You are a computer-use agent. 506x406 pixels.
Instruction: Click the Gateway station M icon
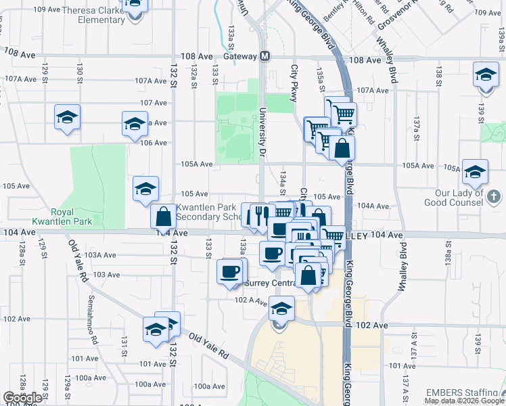[264, 56]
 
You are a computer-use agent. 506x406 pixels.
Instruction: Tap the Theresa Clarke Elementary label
[93, 15]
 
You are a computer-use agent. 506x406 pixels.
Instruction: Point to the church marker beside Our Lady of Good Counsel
[495, 197]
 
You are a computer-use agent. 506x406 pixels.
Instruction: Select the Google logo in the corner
[22, 398]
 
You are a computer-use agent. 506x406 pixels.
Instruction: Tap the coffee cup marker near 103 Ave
[229, 271]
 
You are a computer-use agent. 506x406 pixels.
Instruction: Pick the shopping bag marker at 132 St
[163, 217]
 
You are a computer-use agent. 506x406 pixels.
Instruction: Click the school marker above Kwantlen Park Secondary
[145, 189]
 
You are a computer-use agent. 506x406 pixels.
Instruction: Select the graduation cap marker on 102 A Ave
[281, 309]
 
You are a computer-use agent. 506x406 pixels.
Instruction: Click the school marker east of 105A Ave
[475, 172]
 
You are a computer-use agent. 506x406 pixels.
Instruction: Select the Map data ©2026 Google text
[464, 401]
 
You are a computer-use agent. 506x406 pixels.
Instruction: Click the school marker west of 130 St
[67, 118]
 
